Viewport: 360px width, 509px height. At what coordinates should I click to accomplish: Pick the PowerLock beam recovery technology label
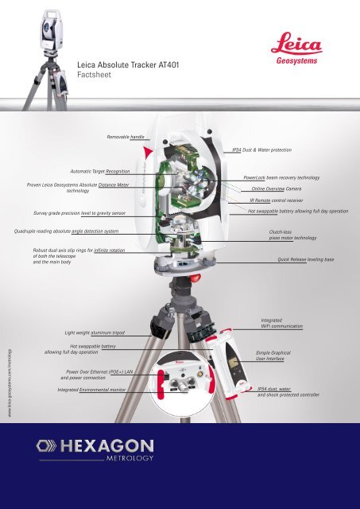coord(281,178)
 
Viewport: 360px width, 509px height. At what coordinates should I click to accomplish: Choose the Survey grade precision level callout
coord(79,214)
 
